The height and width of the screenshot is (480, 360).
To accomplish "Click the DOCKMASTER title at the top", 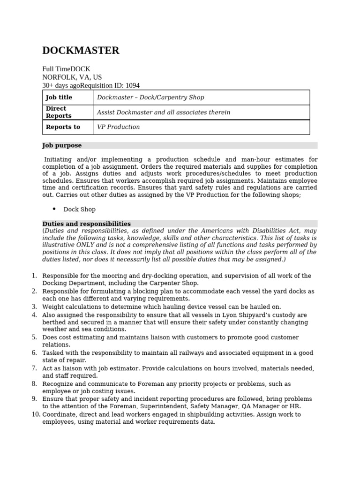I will coord(81,51).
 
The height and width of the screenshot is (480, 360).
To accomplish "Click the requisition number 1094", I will coord(132,85).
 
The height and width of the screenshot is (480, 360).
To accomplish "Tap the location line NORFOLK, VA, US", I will coord(72,77).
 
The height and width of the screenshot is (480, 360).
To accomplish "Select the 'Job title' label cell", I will coord(59,97).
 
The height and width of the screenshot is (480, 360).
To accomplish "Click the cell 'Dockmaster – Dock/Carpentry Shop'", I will coord(150,97).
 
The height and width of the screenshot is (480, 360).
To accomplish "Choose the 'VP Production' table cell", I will coord(118,127).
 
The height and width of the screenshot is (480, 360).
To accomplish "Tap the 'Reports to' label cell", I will coord(63,127).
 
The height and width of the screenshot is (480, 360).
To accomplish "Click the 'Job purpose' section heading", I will coord(62,146).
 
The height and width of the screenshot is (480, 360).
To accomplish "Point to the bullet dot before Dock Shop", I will coord(54,209).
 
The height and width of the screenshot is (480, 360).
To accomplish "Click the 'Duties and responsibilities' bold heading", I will coord(87,224).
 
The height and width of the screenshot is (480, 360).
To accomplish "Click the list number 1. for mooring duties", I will coord(34,276).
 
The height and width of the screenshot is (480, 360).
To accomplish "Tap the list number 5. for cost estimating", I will coord(34,337).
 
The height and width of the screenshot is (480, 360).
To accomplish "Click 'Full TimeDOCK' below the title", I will coord(66,68).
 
